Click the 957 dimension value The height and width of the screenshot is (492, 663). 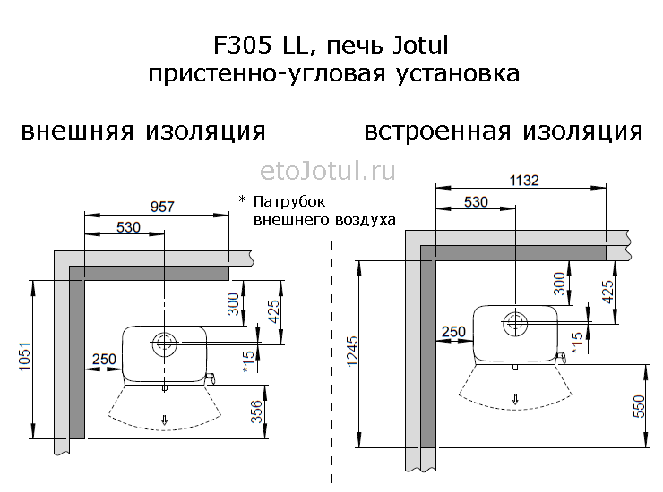(x=161, y=207)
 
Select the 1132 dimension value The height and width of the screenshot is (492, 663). (x=523, y=181)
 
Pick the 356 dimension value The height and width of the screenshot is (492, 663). (x=256, y=411)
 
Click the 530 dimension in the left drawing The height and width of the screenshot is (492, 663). (x=129, y=227)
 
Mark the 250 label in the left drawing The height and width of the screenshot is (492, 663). (x=105, y=360)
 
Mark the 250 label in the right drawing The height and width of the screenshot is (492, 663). (x=453, y=332)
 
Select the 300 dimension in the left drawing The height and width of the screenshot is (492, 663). (x=235, y=304)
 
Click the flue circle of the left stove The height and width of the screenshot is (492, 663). (x=164, y=342)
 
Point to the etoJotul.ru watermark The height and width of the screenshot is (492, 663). (x=327, y=170)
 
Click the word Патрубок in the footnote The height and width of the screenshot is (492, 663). (x=283, y=200)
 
